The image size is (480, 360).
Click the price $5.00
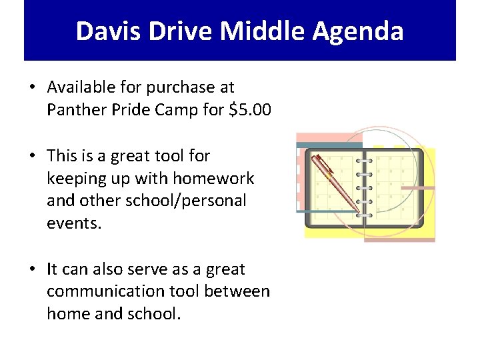click(x=250, y=109)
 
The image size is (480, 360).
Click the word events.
click(x=73, y=223)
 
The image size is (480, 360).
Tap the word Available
click(x=83, y=87)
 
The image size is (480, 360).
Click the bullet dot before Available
click(x=32, y=87)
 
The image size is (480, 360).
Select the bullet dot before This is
click(x=32, y=156)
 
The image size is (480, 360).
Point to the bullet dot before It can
click(x=32, y=269)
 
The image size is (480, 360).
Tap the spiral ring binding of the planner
click(x=364, y=187)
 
